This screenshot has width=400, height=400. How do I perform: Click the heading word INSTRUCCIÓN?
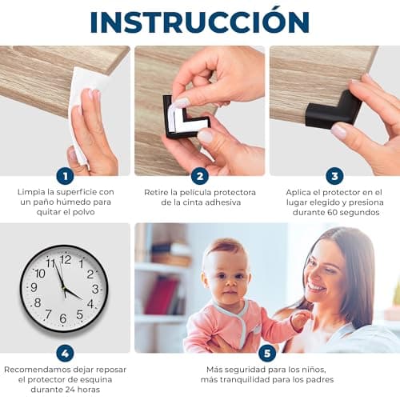200,21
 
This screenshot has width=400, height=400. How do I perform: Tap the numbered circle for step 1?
65,176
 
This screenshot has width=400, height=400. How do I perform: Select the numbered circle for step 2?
200,176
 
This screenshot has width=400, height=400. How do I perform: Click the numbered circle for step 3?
334,176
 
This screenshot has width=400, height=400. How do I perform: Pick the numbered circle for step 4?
65,354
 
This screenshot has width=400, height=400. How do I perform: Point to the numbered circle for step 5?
267,354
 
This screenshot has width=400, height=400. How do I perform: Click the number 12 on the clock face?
66,259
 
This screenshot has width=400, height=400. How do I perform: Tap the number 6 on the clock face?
63,318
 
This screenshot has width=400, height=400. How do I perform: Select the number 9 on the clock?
34,287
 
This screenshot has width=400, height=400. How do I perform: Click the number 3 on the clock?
95,289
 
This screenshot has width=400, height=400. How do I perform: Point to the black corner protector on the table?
334,110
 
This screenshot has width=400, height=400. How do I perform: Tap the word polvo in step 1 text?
84,212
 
